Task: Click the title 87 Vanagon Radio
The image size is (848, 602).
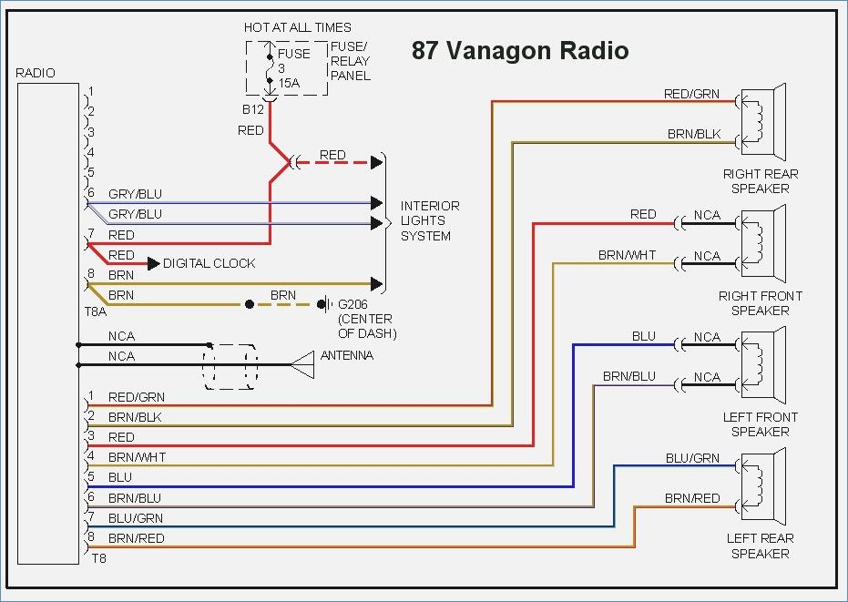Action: [x=519, y=50]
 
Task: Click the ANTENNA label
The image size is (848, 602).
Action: [x=346, y=355]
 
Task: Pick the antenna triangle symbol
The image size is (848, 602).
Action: [x=302, y=365]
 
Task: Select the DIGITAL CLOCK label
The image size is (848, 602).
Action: [x=209, y=263]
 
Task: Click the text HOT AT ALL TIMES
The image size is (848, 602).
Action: [x=297, y=27]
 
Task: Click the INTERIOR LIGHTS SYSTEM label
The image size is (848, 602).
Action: [x=430, y=220]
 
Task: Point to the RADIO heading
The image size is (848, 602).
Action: [x=36, y=73]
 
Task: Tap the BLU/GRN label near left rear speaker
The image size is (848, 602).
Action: [x=692, y=458]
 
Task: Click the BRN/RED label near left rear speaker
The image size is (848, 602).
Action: [x=692, y=498]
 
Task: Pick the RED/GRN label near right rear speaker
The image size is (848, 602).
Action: [x=691, y=94]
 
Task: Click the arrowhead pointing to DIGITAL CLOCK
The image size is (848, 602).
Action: [x=151, y=263]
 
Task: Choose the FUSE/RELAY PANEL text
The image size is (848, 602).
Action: [x=351, y=61]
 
